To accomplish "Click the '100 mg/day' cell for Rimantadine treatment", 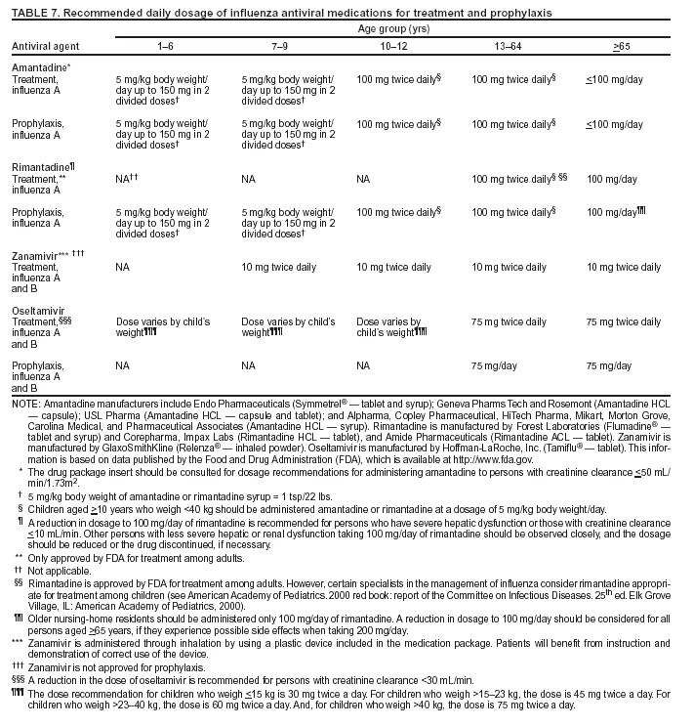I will point(612,181).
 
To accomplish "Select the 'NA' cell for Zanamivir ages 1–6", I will point(122,267).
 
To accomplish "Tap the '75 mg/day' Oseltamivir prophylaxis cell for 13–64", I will point(496,365).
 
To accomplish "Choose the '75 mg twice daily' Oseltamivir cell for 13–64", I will point(509,321).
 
